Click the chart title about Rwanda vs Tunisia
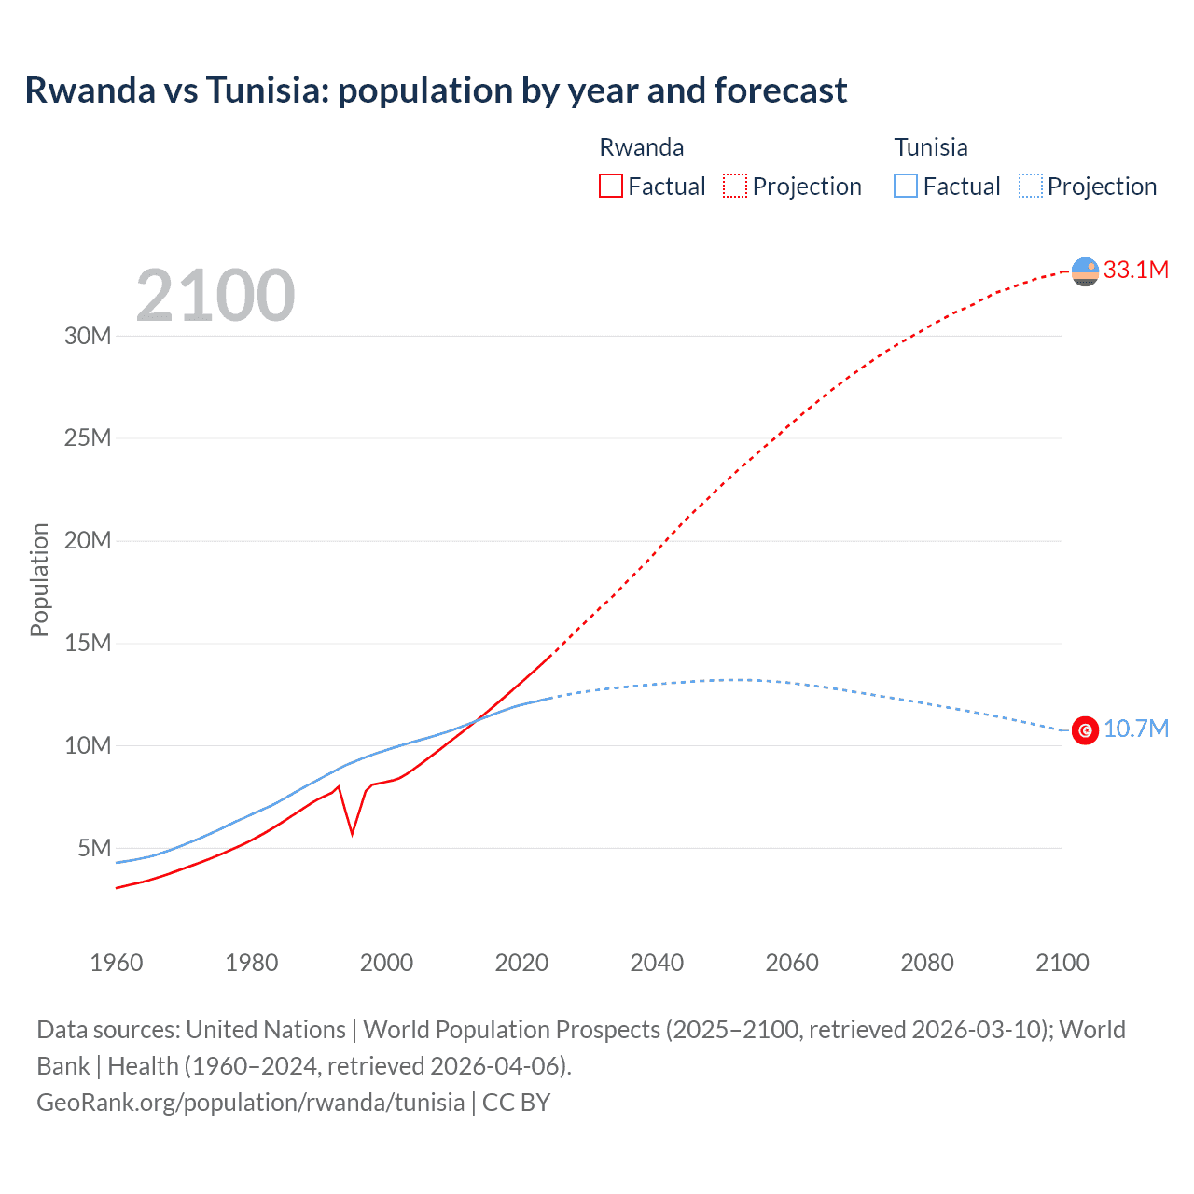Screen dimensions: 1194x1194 point(436,90)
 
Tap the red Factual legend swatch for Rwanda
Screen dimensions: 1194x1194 point(610,186)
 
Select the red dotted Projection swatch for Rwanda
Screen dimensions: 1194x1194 point(735,186)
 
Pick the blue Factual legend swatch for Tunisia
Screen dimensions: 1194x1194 point(906,186)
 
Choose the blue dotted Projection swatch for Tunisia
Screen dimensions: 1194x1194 point(1031,186)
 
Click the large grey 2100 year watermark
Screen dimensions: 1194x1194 point(215,296)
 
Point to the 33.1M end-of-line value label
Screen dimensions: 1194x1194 point(1135,271)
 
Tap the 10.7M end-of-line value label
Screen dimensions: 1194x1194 point(1135,729)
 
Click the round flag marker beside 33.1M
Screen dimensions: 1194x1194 point(1085,271)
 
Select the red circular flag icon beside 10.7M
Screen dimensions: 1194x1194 point(1085,730)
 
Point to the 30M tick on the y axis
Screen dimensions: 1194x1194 point(88,336)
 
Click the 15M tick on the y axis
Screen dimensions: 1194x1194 point(88,643)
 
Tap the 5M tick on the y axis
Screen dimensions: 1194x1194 point(94,848)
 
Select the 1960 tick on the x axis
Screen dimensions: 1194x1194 point(117,963)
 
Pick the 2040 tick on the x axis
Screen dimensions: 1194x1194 point(657,963)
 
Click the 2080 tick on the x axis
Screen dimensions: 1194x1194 point(927,963)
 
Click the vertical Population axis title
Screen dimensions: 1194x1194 point(39,579)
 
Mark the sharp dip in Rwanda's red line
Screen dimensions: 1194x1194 point(352,832)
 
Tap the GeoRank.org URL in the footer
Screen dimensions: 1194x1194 point(250,1103)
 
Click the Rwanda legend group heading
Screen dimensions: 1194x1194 point(641,147)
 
